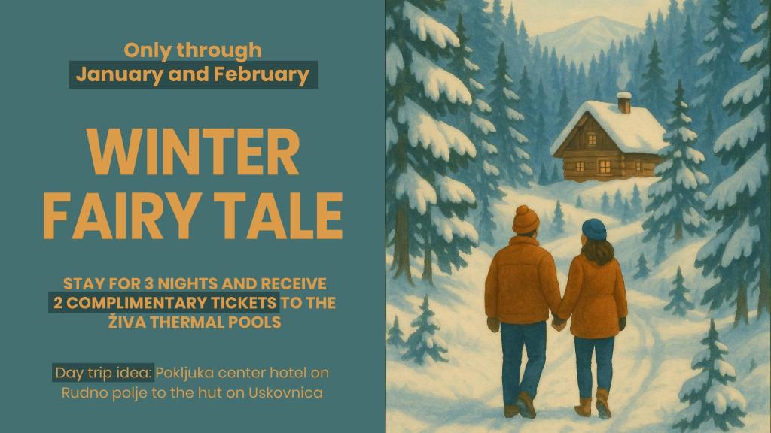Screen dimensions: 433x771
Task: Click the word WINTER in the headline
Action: point(193,153)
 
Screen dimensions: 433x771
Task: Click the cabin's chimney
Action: point(623,102)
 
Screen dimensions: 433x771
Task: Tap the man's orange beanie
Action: point(526,219)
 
